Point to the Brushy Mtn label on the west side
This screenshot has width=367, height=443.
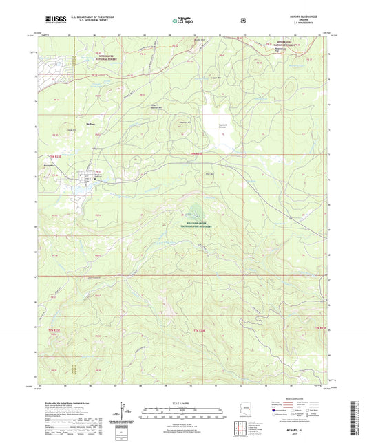pos(49,166)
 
